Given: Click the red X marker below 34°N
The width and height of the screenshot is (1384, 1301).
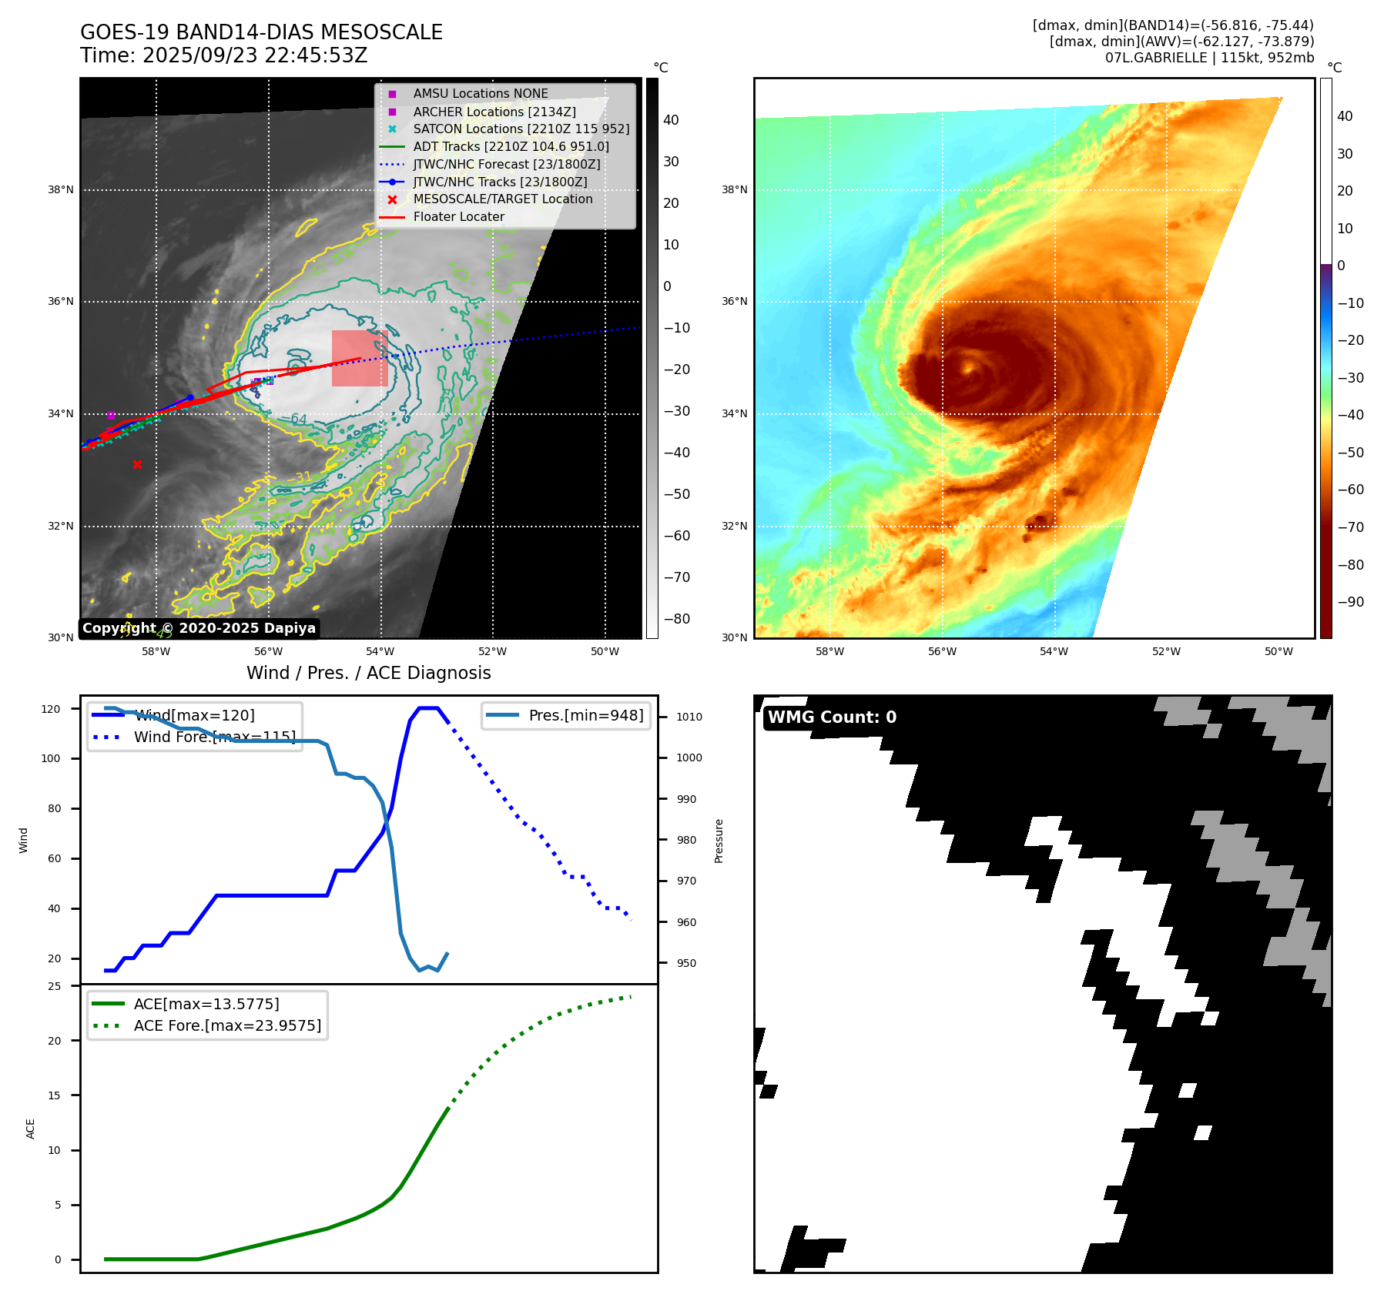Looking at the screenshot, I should [137, 464].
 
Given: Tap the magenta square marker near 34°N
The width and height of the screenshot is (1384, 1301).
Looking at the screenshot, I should [111, 415].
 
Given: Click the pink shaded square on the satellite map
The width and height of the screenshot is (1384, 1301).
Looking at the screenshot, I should [360, 358].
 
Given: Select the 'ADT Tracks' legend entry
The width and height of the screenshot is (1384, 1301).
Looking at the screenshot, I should [511, 146].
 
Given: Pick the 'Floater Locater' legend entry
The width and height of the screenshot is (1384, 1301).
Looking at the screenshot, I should [458, 216].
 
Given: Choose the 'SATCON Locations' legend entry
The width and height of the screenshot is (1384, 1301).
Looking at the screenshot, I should [521, 129].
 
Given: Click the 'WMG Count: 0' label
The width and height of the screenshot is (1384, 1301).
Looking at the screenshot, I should [832, 717].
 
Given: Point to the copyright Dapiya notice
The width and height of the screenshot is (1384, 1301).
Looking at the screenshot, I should [199, 628].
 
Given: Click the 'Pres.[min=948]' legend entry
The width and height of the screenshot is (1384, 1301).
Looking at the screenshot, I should [585, 715].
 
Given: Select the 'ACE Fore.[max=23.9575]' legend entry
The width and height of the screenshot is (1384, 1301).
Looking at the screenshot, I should [227, 1025].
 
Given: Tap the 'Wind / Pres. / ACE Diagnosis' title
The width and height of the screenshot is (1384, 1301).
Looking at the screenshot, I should [368, 673].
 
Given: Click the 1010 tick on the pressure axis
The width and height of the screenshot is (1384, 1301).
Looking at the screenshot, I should [689, 717].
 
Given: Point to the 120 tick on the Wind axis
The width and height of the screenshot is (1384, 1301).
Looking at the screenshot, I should [51, 709].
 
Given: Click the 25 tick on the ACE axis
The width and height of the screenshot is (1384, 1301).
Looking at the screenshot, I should [54, 986].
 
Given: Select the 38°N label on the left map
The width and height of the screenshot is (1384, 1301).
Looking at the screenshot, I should [61, 189].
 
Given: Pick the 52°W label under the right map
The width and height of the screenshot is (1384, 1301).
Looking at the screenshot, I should [1166, 651].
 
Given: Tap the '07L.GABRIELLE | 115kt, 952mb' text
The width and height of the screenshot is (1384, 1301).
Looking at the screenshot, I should [1209, 58].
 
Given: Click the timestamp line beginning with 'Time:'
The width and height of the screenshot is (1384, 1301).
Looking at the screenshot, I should [223, 55].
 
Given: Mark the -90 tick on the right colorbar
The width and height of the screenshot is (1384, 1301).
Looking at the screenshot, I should [1350, 602].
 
